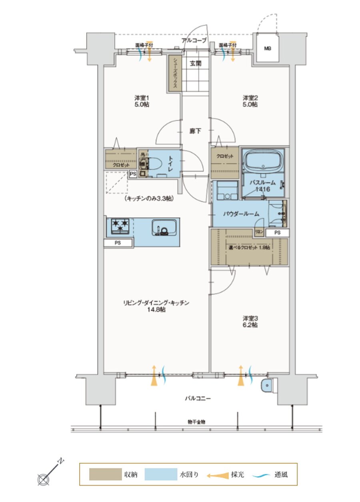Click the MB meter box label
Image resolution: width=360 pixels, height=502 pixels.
pyautogui.click(x=267, y=49)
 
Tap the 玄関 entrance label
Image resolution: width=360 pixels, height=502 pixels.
pyautogui.click(x=196, y=63)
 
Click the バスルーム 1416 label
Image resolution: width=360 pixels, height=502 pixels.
pyautogui.click(x=263, y=186)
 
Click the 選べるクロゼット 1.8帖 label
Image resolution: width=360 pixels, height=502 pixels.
pyautogui.click(x=249, y=247)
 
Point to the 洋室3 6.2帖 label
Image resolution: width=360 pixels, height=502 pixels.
pyautogui.click(x=250, y=322)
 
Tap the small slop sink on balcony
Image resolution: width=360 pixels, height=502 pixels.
pyautogui.click(x=266, y=386)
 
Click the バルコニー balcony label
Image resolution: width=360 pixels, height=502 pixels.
pyautogui.click(x=197, y=398)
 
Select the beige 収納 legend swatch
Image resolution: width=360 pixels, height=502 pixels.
pyautogui.click(x=105, y=475)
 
